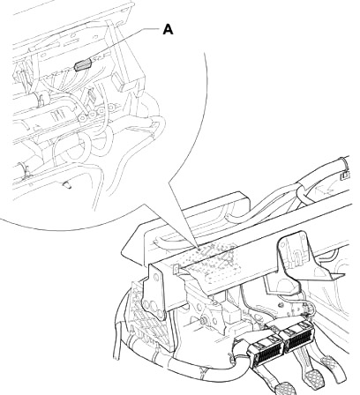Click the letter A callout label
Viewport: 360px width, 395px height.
click(x=168, y=30)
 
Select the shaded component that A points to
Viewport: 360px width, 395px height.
click(x=83, y=65)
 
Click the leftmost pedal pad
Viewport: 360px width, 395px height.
click(x=283, y=388)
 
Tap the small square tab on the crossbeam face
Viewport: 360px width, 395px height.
click(x=176, y=269)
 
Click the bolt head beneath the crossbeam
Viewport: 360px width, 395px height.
click(x=204, y=321)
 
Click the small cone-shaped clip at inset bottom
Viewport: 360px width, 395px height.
click(x=67, y=185)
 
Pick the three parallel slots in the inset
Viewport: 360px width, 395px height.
click(x=58, y=114)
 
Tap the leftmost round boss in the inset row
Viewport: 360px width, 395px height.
click(x=82, y=118)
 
